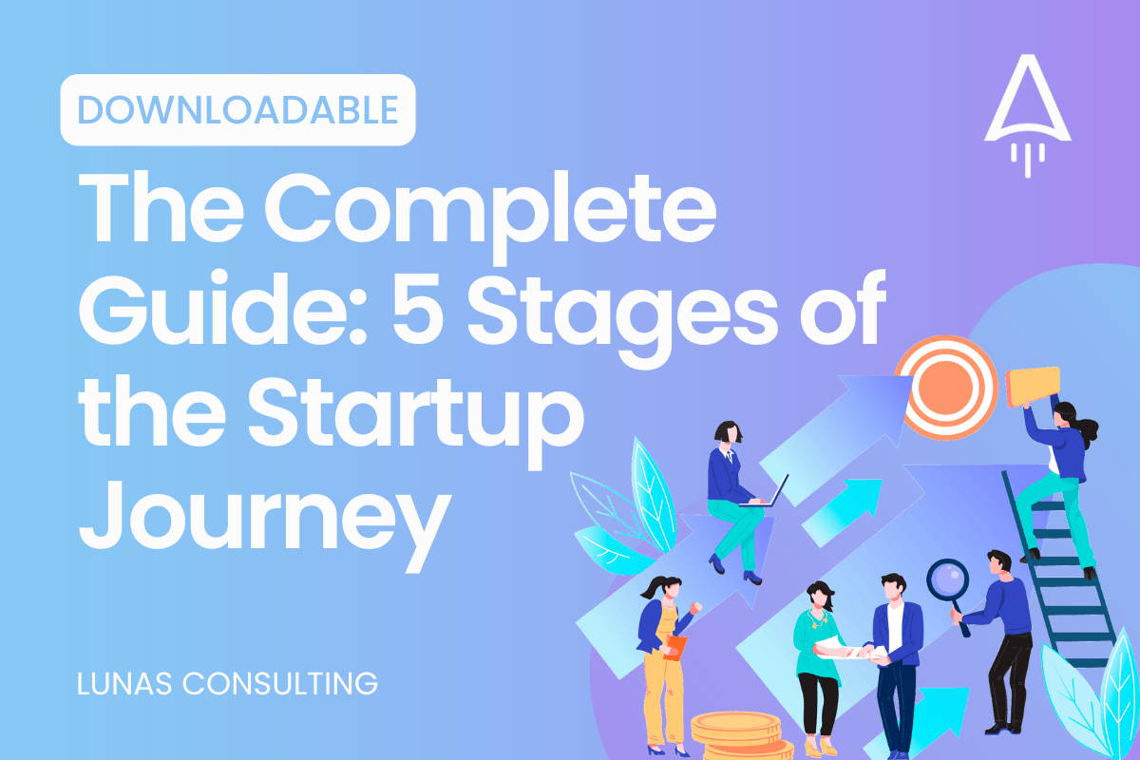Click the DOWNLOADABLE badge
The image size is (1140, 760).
coord(237,110)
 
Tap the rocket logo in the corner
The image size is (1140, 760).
coord(1028,116)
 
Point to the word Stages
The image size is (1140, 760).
coord(622,316)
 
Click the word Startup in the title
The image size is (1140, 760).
coord(416,419)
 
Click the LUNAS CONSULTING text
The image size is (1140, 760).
coord(227,684)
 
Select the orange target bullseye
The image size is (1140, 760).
coord(946,388)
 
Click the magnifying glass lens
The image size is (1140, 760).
coord(947,580)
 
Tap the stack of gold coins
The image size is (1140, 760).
coord(740,735)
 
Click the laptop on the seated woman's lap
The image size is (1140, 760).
coord(766,492)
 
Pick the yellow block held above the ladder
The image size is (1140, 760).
coord(1034,387)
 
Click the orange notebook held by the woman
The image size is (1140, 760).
coord(675,648)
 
